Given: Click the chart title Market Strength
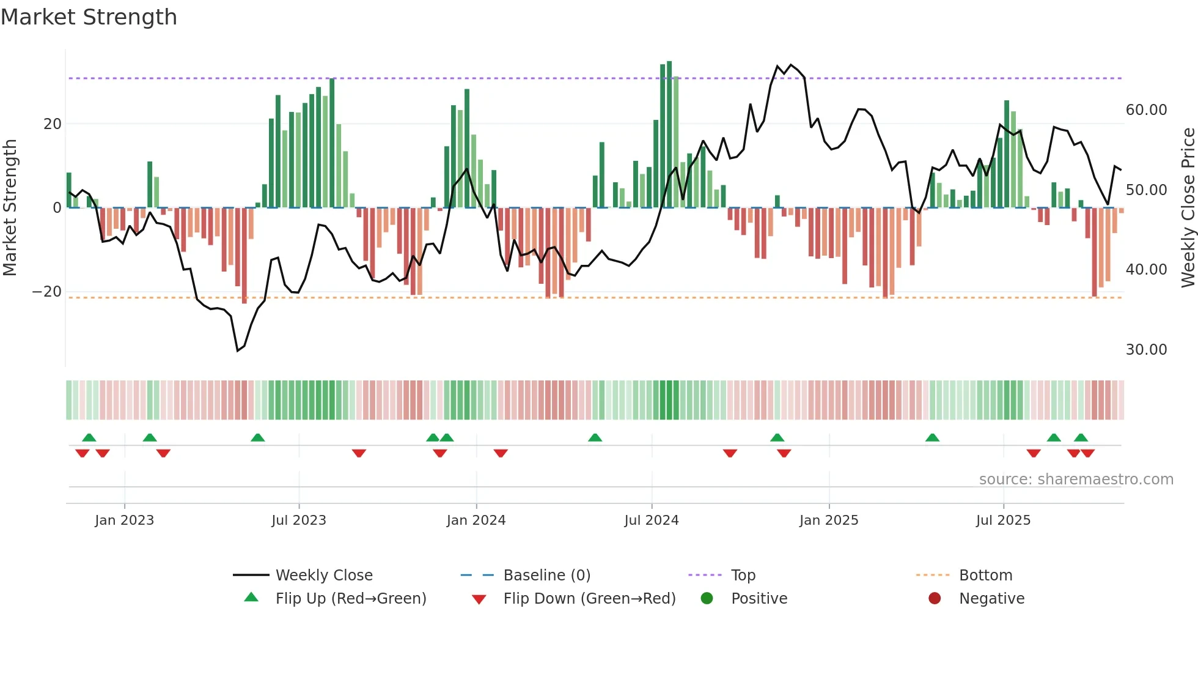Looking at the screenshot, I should click(89, 17).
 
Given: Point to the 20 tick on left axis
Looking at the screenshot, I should click(53, 124).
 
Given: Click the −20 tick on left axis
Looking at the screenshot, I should click(47, 292).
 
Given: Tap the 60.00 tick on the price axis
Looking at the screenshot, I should click(1146, 110).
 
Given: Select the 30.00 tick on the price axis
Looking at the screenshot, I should click(1146, 350).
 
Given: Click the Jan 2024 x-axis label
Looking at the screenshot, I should click(476, 520).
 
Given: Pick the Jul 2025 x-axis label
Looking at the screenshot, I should click(1003, 520).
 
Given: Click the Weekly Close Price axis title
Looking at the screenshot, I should click(1188, 208).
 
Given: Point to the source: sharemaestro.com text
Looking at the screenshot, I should click(1076, 480).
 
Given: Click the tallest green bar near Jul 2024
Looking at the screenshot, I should click(669, 135).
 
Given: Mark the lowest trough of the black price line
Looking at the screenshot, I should click(238, 350).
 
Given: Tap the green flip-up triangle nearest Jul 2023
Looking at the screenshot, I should click(258, 437).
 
